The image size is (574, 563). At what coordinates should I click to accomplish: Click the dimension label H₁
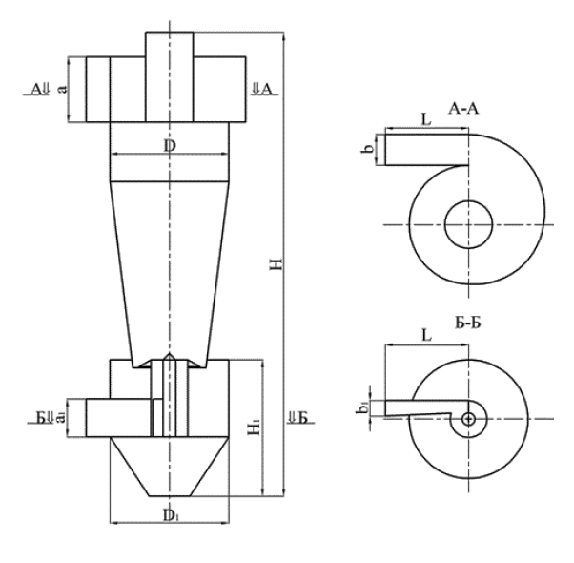pos(252,428)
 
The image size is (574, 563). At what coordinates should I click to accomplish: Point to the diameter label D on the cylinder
pos(169,146)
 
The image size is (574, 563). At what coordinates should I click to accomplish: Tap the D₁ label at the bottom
pos(169,515)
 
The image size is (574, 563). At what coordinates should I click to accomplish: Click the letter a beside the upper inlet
pos(62,89)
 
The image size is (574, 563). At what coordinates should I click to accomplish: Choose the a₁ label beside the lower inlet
pos(60,417)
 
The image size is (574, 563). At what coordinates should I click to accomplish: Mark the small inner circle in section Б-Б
pos(468,418)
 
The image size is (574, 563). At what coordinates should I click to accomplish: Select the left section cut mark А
pos(38,89)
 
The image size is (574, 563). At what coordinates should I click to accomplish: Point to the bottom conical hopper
pos(169,468)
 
